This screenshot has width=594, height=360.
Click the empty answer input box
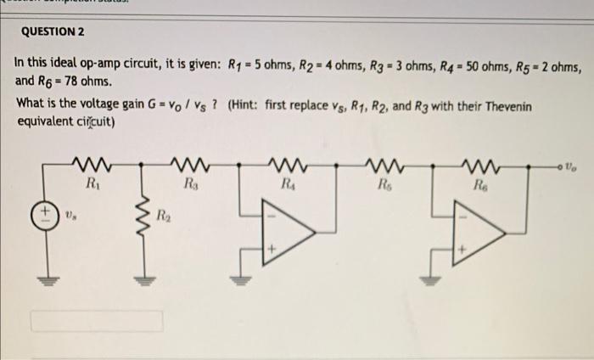[x=98, y=321]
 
